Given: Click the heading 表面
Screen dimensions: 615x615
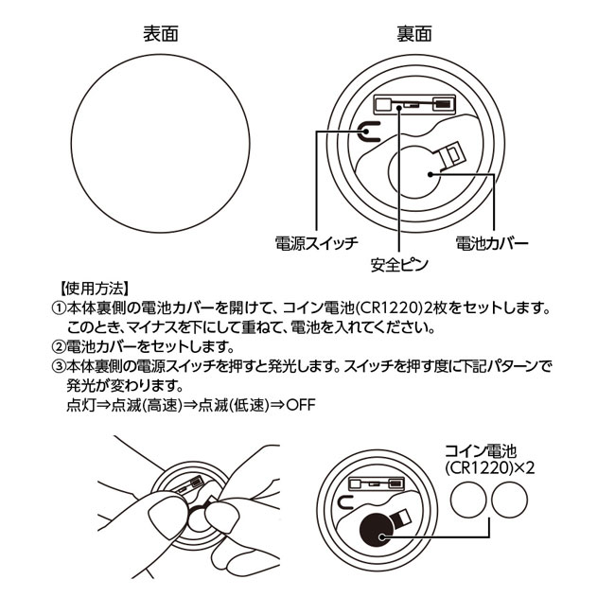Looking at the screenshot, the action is coord(161,34).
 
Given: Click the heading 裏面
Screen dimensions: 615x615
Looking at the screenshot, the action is coord(414,34).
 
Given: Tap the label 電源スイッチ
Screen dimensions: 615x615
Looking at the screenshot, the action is coord(317,243).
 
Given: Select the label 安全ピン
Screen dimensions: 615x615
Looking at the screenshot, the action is coord(399,265).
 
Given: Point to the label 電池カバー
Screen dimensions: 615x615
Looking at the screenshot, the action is coord(492,243).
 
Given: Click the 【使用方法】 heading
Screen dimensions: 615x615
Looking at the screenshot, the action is coord(94,289).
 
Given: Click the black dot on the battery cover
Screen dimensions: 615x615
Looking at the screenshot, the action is coord(430,174).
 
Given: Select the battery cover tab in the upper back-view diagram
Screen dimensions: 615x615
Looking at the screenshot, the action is coord(451,156).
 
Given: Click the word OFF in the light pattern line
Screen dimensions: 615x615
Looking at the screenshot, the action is coord(301,405).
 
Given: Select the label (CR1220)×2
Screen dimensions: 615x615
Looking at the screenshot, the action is coord(490,468).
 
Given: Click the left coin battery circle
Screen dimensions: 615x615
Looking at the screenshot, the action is coord(468,500).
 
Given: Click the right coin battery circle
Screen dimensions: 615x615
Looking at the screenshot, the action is coord(509,500).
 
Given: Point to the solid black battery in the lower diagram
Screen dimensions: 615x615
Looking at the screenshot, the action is coord(377,530).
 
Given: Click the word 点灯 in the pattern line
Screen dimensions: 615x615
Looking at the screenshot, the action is coord(81,405).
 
